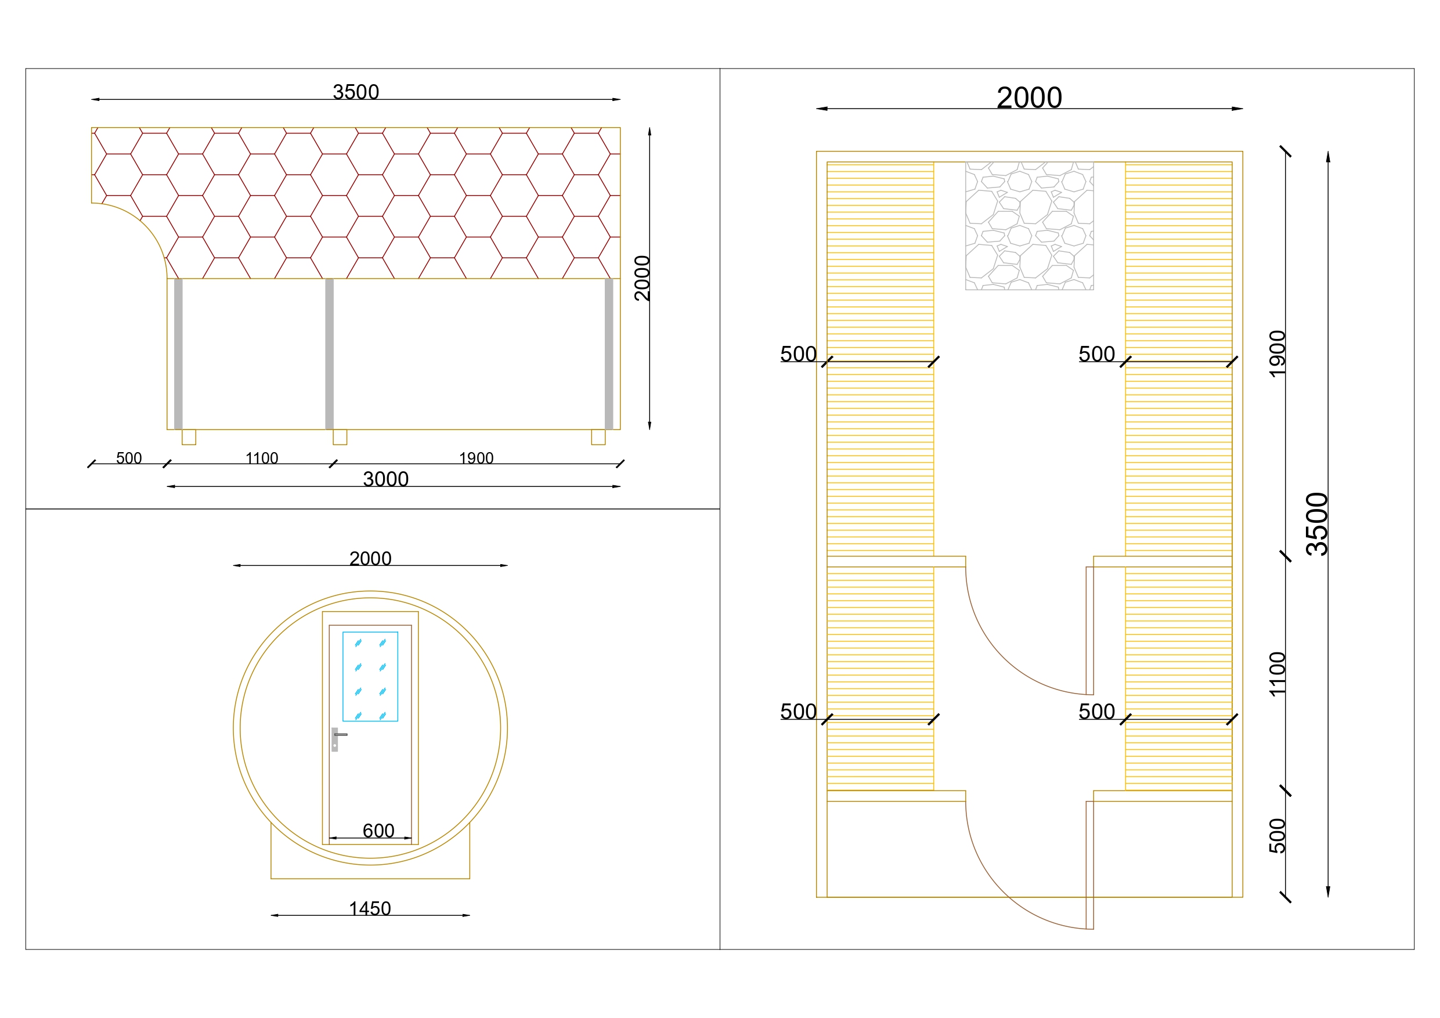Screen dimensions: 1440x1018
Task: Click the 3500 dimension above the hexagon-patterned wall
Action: pyautogui.click(x=356, y=92)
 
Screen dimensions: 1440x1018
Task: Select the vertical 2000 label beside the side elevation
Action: pyautogui.click(x=643, y=278)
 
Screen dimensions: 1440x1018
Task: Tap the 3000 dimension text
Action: pyautogui.click(x=386, y=479)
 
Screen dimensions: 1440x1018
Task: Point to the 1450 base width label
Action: pyautogui.click(x=370, y=908)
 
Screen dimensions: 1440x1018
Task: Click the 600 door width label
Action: pyautogui.click(x=378, y=831)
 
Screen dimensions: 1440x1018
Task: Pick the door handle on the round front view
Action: pyautogui.click(x=337, y=739)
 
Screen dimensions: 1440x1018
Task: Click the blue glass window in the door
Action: pyautogui.click(x=370, y=676)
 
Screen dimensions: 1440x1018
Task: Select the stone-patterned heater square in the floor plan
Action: pyautogui.click(x=1029, y=226)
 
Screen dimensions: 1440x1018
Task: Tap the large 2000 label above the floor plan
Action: pyautogui.click(x=1029, y=98)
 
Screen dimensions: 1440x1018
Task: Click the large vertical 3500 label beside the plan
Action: pyautogui.click(x=1317, y=524)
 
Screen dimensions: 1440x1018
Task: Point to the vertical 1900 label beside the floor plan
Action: pyautogui.click(x=1277, y=354)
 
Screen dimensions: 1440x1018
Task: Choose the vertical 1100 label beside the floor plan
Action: pyautogui.click(x=1277, y=674)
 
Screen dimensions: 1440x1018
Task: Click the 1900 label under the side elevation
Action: pyautogui.click(x=476, y=458)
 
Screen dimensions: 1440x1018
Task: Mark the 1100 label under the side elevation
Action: pyautogui.click(x=262, y=458)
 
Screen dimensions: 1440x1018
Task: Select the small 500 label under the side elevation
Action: pyautogui.click(x=129, y=458)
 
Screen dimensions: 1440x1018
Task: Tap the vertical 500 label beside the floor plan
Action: pyautogui.click(x=1277, y=836)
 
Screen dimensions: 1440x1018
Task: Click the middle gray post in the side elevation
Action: pyautogui.click(x=329, y=354)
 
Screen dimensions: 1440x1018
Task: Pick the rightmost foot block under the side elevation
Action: pyautogui.click(x=598, y=437)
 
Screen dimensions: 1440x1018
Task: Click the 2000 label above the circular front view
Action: pyautogui.click(x=370, y=558)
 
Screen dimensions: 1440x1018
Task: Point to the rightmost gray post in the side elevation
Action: pyautogui.click(x=608, y=354)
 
